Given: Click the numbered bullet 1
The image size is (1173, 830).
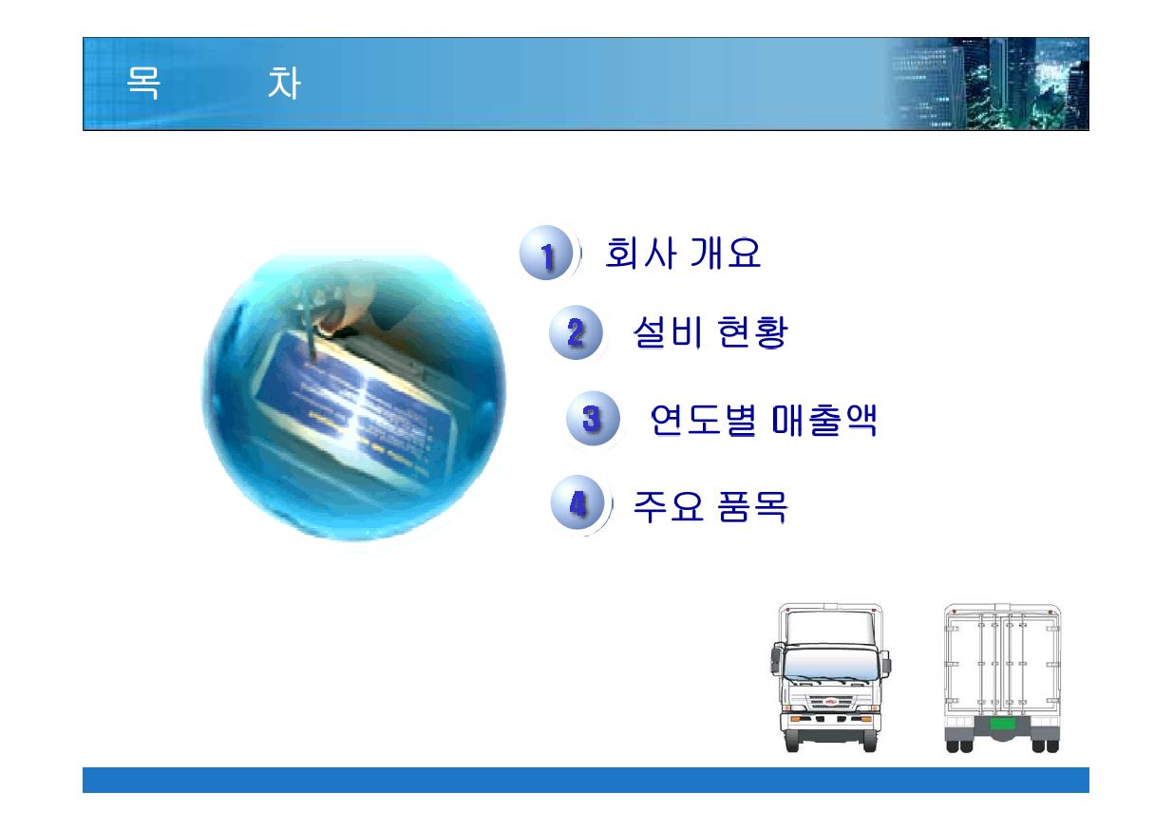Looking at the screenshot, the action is tap(547, 254).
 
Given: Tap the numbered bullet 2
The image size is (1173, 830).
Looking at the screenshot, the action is tap(576, 332).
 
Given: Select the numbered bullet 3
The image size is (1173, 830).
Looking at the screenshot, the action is tap(593, 419).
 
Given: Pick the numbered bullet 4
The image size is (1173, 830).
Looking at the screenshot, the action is tap(577, 502).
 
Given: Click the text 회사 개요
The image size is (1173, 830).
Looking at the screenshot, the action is tap(683, 253).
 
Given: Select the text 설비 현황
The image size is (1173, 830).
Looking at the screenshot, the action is tap(710, 332).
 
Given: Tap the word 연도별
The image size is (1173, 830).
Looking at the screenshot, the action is tap(703, 420).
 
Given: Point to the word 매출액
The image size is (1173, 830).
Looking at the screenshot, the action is tap(824, 420).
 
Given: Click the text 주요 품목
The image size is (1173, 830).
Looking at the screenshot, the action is tap(710, 506).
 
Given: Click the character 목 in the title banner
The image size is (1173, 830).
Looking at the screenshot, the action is tap(143, 83).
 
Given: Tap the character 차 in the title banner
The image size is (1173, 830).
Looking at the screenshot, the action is tap(284, 83).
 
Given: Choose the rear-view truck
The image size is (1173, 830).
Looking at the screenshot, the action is tap(1002, 678).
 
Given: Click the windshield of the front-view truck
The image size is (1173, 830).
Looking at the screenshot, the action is tap(830, 664).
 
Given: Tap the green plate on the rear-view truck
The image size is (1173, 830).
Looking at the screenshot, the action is tap(1002, 724).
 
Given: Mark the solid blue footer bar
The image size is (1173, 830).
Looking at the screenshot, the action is tap(586, 780).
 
